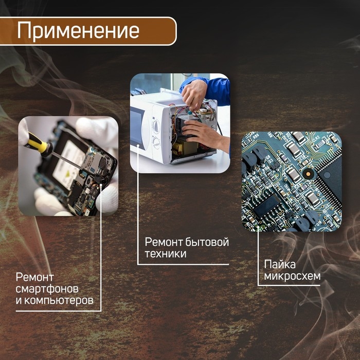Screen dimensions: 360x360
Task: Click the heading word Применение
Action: tap(78, 30)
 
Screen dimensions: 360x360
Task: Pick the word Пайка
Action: tap(279, 265)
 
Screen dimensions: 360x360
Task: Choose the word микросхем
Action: tap(292, 277)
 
